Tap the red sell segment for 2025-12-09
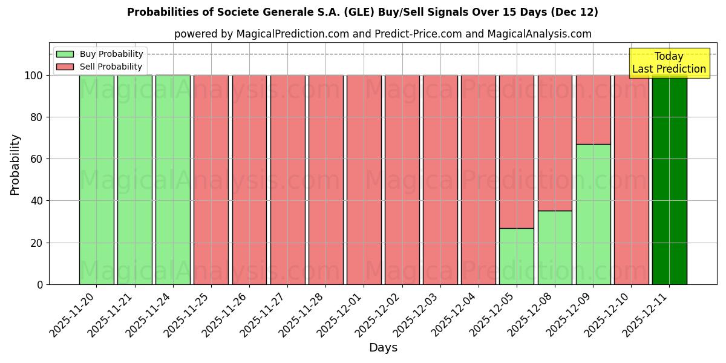[593, 110]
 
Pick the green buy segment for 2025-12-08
[555, 247]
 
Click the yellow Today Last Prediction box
[669, 63]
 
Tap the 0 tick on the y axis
[40, 284]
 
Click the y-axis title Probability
[15, 164]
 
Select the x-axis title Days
[383, 348]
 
